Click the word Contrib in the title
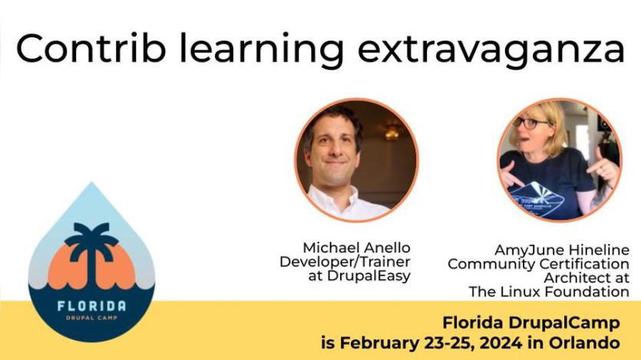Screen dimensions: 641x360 (91, 48)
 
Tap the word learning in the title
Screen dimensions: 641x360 (261, 51)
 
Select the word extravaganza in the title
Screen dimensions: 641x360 (491, 51)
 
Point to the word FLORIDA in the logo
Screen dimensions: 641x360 (92, 306)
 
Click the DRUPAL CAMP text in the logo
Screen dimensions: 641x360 (92, 318)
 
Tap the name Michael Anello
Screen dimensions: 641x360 (356, 248)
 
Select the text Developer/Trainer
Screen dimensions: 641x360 (345, 262)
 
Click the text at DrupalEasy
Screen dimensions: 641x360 (359, 276)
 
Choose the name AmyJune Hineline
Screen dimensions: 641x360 (562, 250)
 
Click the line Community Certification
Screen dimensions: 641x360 (538, 264)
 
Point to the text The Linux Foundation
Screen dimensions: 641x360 (549, 292)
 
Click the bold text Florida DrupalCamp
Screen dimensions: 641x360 (531, 323)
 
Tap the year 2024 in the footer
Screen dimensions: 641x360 (501, 343)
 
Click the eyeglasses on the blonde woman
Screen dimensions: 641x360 (530, 123)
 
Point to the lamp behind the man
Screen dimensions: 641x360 (392, 131)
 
